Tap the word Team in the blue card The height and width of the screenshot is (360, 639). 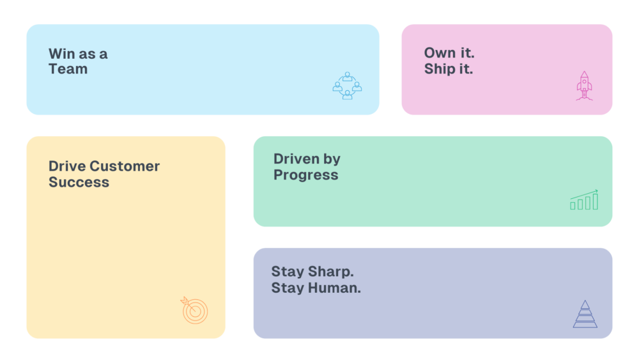[x=68, y=69]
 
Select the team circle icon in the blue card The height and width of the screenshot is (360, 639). [x=347, y=86]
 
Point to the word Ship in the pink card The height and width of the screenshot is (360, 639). [x=440, y=69]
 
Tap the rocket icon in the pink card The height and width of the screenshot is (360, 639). [x=585, y=86]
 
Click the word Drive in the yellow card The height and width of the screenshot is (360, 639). [x=67, y=166]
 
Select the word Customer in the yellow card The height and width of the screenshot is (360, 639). [x=125, y=166]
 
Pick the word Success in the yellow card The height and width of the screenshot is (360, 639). [x=79, y=182]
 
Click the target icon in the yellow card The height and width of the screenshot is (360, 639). [x=194, y=310]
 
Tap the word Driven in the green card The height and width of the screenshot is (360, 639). [x=296, y=159]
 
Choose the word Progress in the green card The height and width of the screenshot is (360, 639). [x=306, y=175]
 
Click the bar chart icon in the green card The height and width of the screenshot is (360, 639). [x=584, y=200]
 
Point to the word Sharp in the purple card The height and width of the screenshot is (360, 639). [x=331, y=272]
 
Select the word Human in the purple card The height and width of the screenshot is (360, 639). [x=334, y=288]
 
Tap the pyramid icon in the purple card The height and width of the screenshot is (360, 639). [x=585, y=314]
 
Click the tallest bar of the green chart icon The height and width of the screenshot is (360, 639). [x=596, y=201]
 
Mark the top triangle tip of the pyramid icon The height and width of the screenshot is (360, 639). [x=585, y=301]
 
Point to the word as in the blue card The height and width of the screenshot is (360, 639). [x=87, y=54]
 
